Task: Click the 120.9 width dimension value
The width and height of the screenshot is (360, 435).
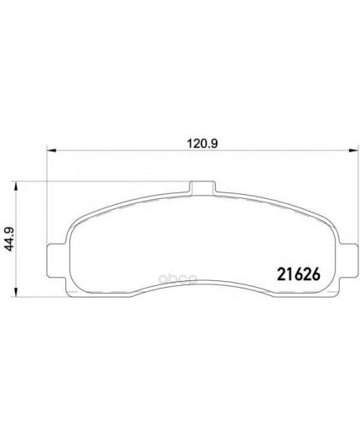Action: point(202,144)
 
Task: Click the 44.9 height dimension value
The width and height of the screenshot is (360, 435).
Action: point(10,239)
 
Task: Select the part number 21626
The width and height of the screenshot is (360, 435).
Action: point(298,275)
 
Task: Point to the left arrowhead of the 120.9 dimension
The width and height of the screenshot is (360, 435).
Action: point(51,151)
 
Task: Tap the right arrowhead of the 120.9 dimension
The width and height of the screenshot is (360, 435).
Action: point(353,151)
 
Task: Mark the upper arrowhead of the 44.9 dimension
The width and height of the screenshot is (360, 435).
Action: point(16,187)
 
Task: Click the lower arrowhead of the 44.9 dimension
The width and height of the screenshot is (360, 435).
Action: point(16,292)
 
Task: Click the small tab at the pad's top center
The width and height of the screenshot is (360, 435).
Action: point(203,187)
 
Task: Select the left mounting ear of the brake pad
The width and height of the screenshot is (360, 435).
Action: point(57,260)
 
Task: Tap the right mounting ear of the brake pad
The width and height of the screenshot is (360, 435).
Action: point(348,260)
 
